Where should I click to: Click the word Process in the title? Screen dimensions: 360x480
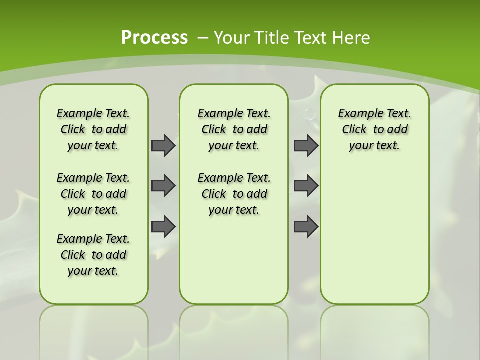point(154,37)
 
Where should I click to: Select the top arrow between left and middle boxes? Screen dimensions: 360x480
point(163,145)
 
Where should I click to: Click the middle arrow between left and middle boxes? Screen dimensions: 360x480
point(163,186)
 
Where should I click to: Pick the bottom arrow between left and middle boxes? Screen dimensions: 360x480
point(163,227)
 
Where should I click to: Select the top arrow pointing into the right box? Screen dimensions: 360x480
point(306,145)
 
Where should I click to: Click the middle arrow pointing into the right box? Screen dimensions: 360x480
point(306,186)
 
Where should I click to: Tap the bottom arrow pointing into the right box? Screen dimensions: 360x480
point(306,227)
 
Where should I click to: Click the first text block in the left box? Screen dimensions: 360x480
point(93,129)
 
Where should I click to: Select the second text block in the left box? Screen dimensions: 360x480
point(93,194)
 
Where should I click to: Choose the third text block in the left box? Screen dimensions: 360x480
point(93,255)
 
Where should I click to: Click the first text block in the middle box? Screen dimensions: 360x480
point(234,129)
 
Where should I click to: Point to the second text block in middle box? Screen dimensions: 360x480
point(234,194)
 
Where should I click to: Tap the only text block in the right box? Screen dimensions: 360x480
point(374,129)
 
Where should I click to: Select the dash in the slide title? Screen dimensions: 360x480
point(203,38)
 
